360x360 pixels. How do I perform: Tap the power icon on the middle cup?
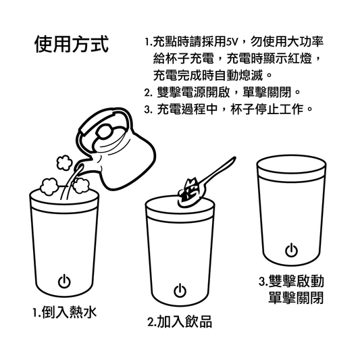179,291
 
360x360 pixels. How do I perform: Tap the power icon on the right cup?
291,251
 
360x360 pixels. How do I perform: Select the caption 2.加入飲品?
180,322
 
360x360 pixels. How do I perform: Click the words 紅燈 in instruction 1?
297,58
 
